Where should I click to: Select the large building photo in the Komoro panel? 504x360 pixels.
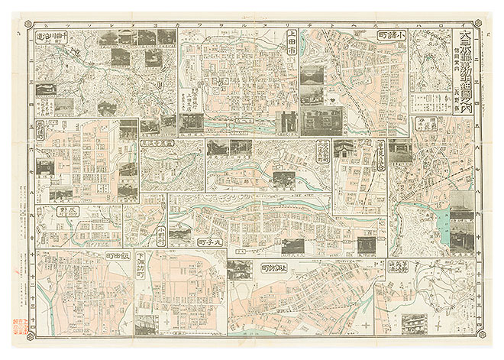(321, 118)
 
